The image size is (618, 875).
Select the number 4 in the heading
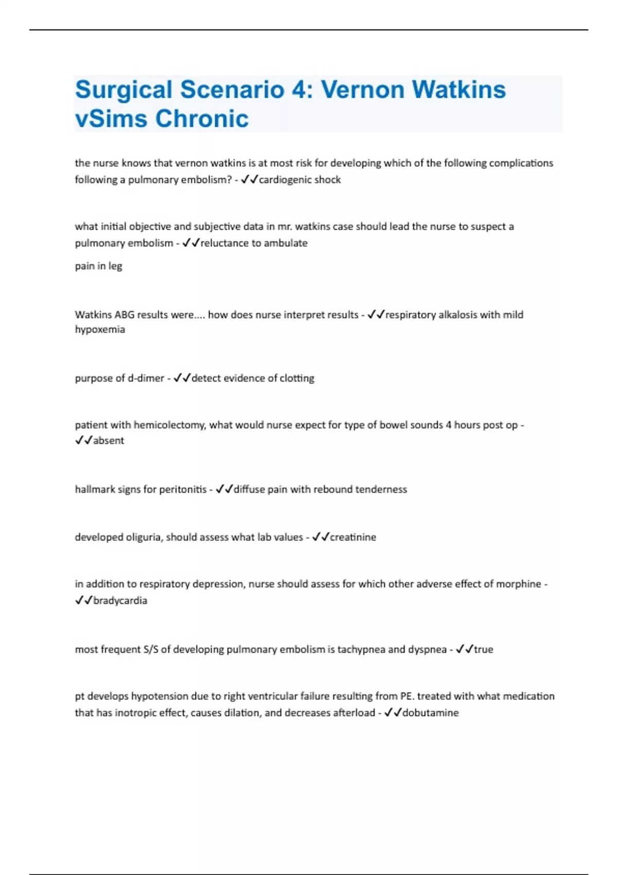(299, 90)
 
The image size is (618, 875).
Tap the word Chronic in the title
(202, 119)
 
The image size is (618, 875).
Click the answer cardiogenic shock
(300, 180)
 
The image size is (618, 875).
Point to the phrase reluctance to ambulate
(254, 243)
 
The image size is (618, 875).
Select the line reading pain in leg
(98, 266)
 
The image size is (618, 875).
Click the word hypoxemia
(100, 329)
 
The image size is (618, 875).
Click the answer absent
(109, 441)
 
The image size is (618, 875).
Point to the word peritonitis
(183, 489)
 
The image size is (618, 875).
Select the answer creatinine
(353, 537)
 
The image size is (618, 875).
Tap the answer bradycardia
(120, 601)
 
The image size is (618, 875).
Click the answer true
(484, 650)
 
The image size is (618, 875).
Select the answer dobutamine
(430, 713)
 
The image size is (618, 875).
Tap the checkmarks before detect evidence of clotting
(182, 378)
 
